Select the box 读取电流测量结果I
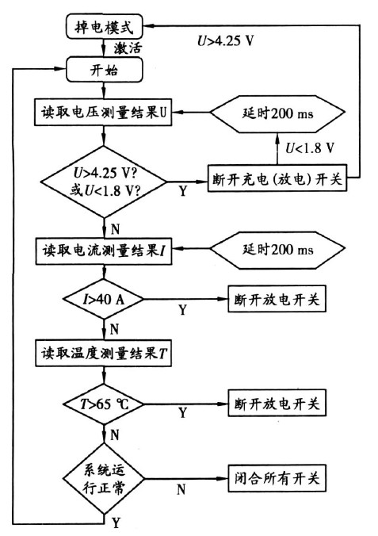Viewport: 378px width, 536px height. tap(104, 251)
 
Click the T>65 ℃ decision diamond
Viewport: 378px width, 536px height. tap(104, 403)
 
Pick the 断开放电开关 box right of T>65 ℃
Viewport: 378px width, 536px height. tap(275, 403)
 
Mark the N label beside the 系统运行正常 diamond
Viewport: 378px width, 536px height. tap(180, 490)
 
